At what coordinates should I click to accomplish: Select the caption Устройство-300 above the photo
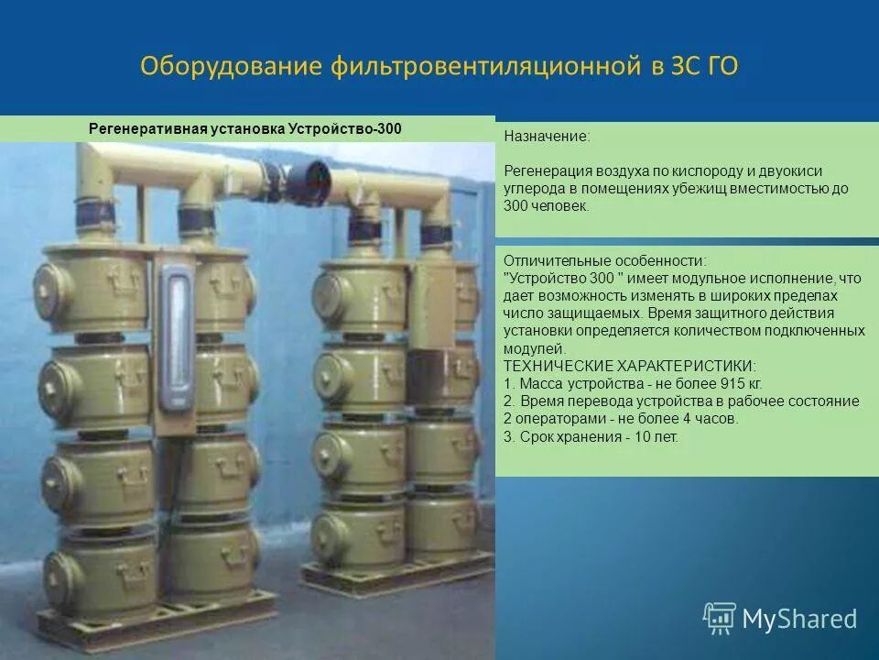tap(345, 129)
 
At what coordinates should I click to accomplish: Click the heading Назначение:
tap(547, 136)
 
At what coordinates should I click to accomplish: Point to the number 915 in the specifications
tap(711, 383)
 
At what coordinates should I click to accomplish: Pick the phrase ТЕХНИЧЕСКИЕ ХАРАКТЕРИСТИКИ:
tap(630, 366)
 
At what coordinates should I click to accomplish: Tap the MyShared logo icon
tap(720, 618)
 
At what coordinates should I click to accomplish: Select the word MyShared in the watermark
tap(799, 619)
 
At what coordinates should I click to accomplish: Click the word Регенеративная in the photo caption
tap(140, 129)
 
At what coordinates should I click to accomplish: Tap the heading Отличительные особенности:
tap(605, 260)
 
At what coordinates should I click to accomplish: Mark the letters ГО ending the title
tap(720, 68)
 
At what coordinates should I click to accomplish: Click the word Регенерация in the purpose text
tap(545, 170)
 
